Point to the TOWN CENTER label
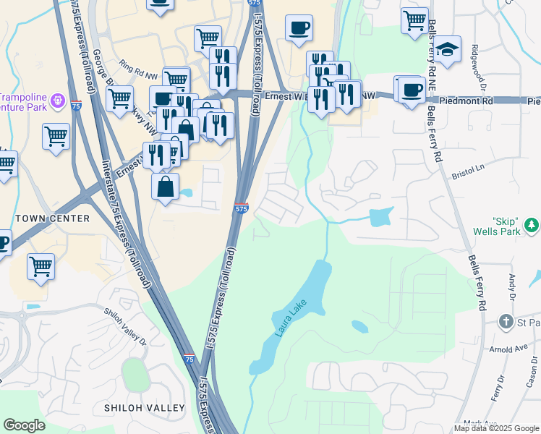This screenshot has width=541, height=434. pyautogui.click(x=52, y=218)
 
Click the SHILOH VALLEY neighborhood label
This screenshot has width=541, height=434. pyautogui.click(x=145, y=408)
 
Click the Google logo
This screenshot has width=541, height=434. pyautogui.click(x=24, y=425)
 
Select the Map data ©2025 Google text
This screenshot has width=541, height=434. pyautogui.click(x=496, y=428)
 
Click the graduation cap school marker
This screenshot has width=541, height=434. pyautogui.click(x=448, y=49)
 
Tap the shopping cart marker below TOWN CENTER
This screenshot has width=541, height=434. pyautogui.click(x=41, y=266)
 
